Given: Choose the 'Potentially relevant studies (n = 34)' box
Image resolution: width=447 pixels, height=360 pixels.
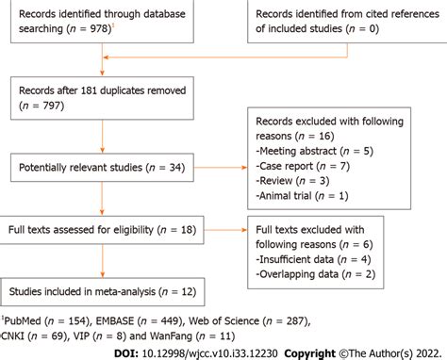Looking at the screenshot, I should click(x=102, y=170).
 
